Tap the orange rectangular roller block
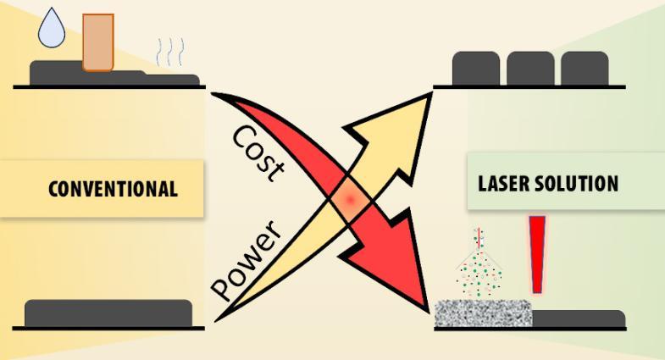point(98,42)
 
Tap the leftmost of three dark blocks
point(476,69)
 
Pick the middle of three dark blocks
point(530,69)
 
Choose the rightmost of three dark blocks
point(585,69)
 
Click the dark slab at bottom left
point(108,313)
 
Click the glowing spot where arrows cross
point(350,201)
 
